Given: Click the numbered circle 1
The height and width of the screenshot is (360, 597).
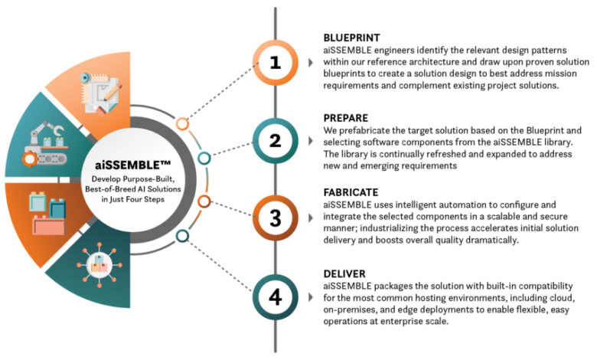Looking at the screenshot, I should (x=275, y=64).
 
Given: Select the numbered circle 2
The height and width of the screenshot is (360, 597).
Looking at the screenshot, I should (x=275, y=140).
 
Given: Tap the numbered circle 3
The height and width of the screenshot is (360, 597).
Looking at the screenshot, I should (x=275, y=218).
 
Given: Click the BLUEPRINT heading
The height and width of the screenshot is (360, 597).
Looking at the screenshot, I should (x=352, y=37).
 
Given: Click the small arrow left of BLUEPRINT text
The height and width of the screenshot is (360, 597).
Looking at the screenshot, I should (x=310, y=62).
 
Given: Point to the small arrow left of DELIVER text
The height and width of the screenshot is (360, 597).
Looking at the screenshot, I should (x=310, y=297).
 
